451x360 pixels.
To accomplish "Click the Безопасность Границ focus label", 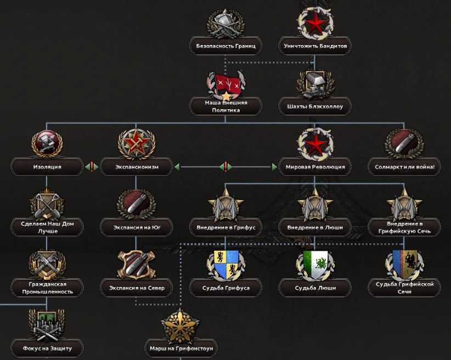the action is point(226,46).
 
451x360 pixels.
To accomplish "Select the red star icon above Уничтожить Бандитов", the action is point(315,23).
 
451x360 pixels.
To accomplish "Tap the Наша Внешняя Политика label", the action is point(226,106).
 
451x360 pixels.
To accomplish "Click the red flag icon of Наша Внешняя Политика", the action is point(226,83).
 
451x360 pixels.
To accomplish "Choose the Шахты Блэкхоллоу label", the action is point(315,106).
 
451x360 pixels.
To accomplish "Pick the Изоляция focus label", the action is point(47,166).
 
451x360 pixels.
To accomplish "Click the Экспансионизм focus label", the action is point(137,166).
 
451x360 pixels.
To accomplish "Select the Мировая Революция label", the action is point(315,166).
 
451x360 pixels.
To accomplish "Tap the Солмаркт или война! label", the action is point(404,166).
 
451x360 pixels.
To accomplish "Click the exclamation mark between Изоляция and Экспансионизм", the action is point(92,166).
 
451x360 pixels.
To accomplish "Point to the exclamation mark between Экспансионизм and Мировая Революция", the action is point(226,166).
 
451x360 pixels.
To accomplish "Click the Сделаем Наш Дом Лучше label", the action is point(47,227).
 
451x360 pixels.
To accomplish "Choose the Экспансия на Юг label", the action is point(137,227).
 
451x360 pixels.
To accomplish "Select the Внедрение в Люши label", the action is point(315,227).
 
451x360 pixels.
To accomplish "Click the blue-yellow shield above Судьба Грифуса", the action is point(226,264).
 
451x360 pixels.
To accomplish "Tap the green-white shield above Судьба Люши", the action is point(315,264).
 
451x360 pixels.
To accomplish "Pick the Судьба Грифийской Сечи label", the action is point(404,288).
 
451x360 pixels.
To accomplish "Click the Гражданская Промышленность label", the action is point(47,288).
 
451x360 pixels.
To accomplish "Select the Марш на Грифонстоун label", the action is point(181,348).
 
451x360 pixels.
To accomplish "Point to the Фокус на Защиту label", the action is point(47,348).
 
